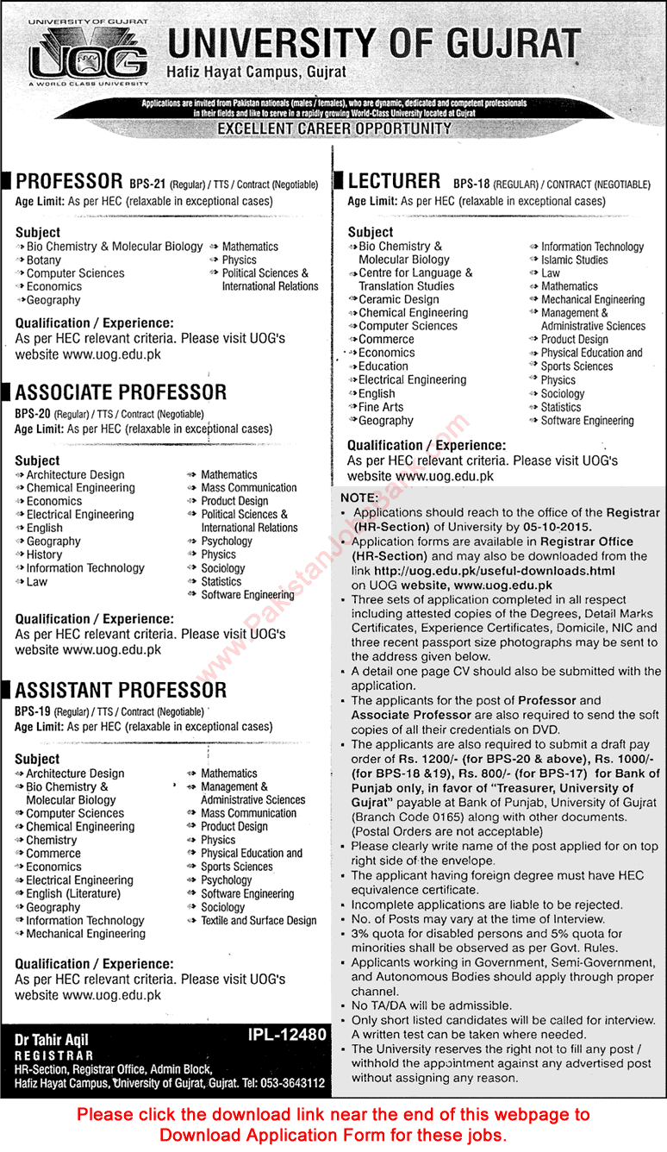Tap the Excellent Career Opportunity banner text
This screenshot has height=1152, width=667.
tap(334, 128)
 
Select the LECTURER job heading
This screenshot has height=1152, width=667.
tap(394, 181)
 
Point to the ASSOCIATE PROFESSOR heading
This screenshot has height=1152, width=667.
tap(121, 393)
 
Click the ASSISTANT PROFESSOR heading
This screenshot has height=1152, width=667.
tap(121, 690)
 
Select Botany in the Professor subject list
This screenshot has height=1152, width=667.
tap(44, 260)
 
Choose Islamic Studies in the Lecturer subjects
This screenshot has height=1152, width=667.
tap(574, 260)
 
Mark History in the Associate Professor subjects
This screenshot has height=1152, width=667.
tap(44, 554)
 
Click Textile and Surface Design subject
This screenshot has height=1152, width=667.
tap(259, 920)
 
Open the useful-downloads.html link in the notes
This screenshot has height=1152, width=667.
tap(495, 571)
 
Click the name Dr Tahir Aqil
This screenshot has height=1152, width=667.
tap(52, 1040)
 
